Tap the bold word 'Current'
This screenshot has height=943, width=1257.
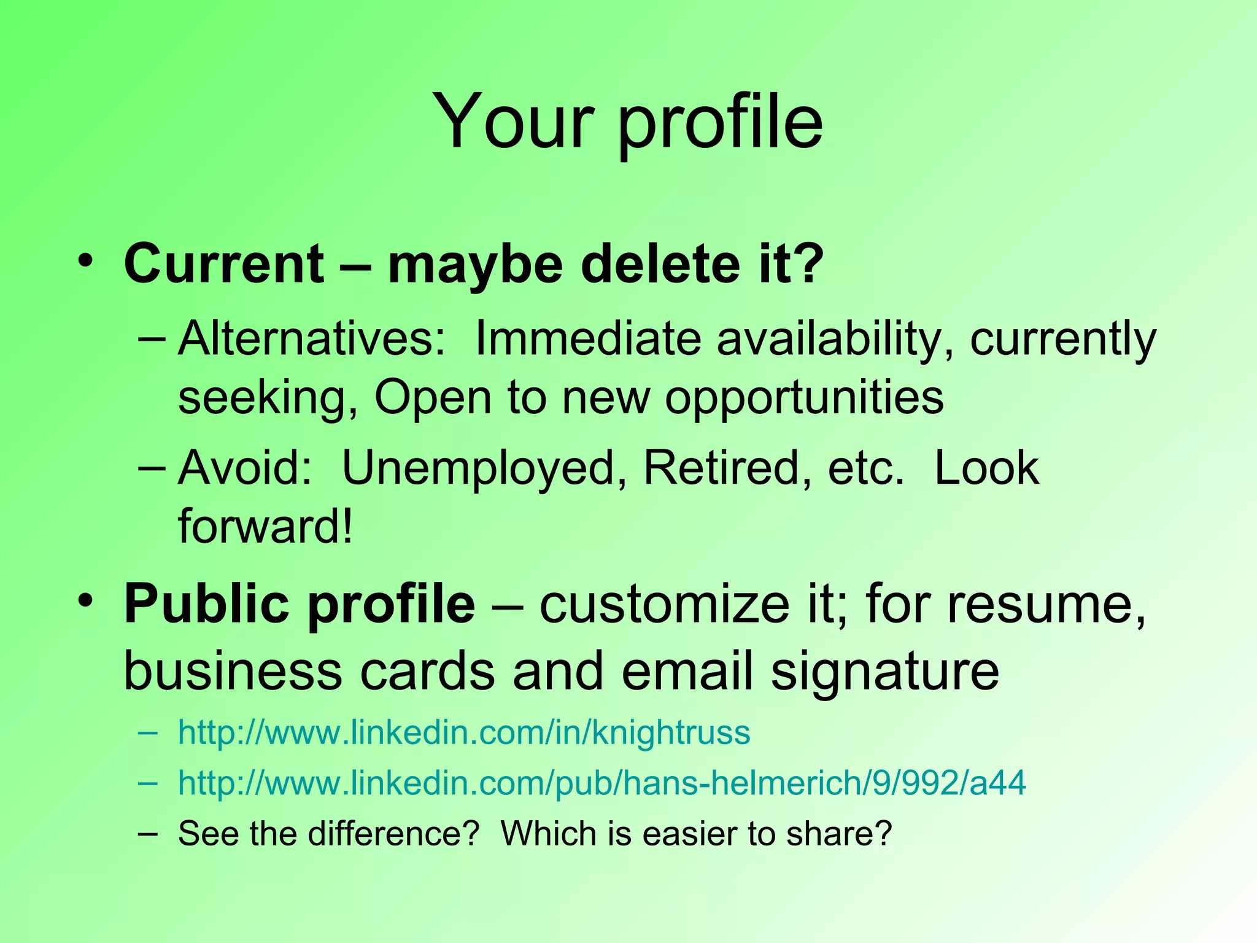point(224,265)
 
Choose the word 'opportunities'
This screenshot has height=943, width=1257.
point(804,398)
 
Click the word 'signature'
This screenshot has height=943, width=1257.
point(884,671)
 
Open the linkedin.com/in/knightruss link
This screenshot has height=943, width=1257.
point(464,732)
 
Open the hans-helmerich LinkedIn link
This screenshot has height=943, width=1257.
point(601,783)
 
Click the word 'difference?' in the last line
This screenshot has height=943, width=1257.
point(393,834)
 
